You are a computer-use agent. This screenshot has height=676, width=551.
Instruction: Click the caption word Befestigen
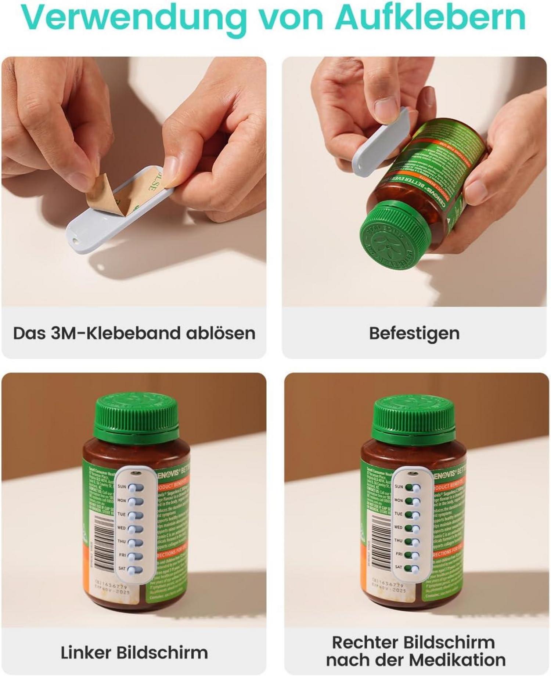pyautogui.click(x=414, y=333)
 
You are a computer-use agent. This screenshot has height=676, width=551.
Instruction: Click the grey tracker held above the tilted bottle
pyautogui.click(x=381, y=141)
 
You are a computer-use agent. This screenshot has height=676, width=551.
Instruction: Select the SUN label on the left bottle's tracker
pyautogui.click(x=122, y=487)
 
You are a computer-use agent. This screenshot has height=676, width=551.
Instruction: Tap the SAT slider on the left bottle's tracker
pyautogui.click(x=136, y=570)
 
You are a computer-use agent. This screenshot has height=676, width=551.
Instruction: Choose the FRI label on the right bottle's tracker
pyautogui.click(x=399, y=554)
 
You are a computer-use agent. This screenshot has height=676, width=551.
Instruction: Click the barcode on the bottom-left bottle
pyautogui.click(x=104, y=540)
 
